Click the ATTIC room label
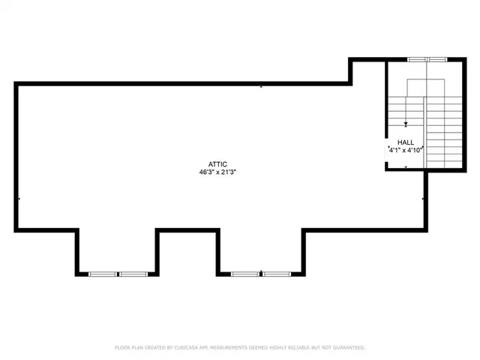tap(217, 164)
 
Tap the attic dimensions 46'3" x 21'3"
tap(217, 172)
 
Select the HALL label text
tap(406, 142)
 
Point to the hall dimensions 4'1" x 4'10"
tap(406, 150)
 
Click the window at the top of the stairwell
tap(426, 58)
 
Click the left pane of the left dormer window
tap(103, 274)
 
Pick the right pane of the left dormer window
tap(132, 274)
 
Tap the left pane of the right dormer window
tap(244, 274)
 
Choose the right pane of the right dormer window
tap(275, 274)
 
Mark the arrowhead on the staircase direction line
tap(406, 124)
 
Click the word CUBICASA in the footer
tap(187, 348)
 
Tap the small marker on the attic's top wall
tap(261, 85)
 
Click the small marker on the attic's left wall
tap(18, 199)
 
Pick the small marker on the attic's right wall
tap(424, 199)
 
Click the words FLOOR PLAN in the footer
tap(130, 348)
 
